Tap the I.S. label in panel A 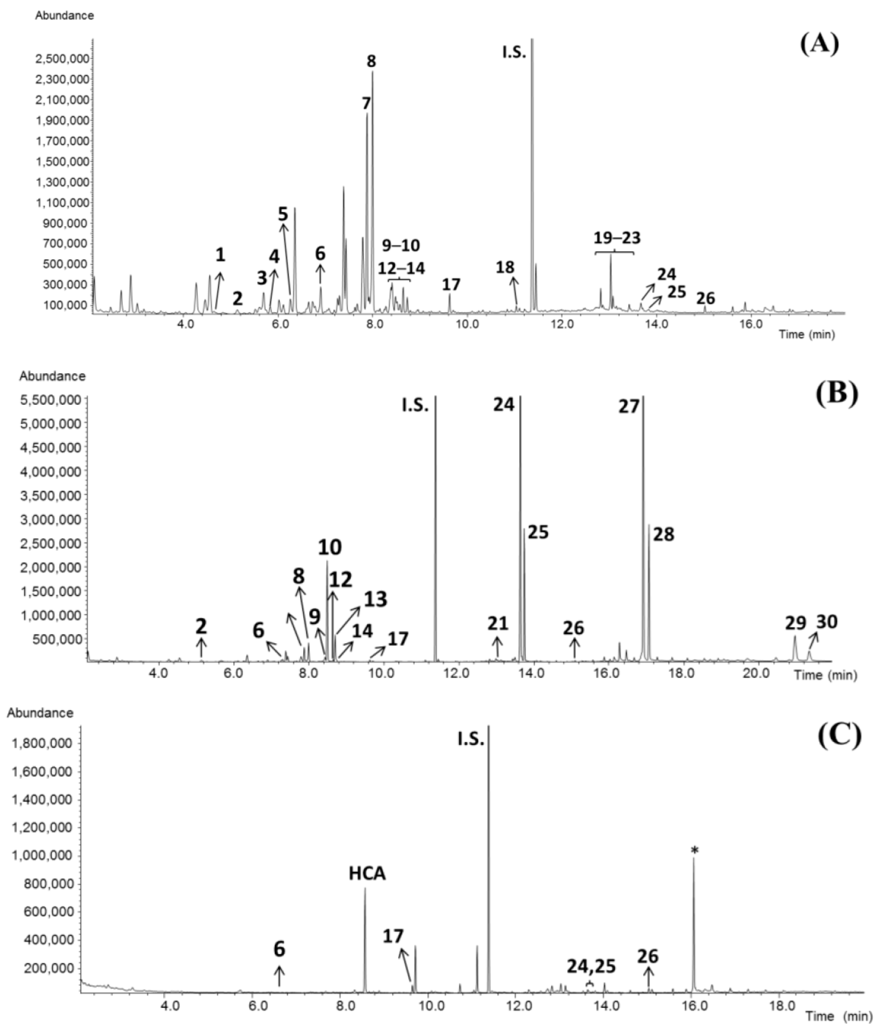coord(514,52)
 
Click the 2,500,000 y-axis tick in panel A coord(62,59)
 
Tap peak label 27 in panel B coord(629,406)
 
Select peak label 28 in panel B coord(663,534)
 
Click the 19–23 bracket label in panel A coord(617,238)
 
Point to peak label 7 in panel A coord(366,103)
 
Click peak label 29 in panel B coord(795,623)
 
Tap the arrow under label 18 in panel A coord(515,291)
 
